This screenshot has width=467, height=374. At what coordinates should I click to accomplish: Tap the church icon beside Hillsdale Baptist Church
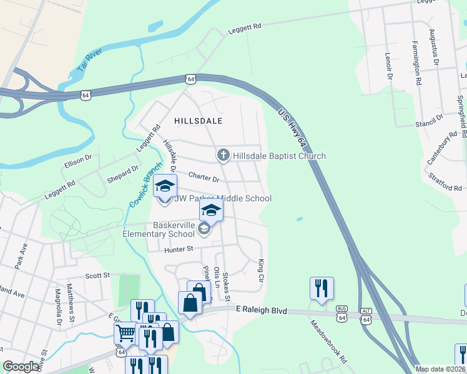(x=223, y=155)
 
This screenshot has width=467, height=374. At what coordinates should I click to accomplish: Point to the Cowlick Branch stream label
(x=145, y=185)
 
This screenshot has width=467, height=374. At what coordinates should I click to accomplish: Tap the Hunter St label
(x=180, y=250)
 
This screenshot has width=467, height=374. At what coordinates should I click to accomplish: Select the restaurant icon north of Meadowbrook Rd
(x=322, y=289)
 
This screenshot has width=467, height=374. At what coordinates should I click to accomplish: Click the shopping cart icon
(x=125, y=334)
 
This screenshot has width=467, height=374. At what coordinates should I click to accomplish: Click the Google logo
(x=21, y=367)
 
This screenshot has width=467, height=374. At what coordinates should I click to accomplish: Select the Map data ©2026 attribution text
(x=440, y=368)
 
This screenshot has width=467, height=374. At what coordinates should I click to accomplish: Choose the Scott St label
(x=97, y=275)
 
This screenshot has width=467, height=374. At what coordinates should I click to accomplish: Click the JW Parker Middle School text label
(x=223, y=199)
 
